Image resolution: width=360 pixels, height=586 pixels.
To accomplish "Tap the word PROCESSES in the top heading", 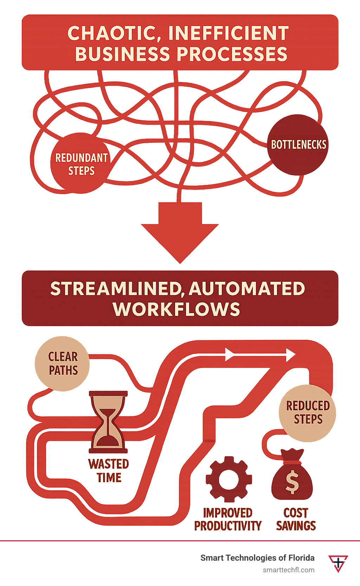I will (x=232, y=54).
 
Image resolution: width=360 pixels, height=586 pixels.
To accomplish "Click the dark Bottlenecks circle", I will (x=298, y=145).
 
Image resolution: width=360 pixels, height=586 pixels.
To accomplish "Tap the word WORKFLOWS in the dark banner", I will (x=176, y=309).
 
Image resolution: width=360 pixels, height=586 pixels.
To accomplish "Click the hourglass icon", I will (x=108, y=422).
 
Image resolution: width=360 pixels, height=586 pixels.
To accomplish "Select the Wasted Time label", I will (x=109, y=471).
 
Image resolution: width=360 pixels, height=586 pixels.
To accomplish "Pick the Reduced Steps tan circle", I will (x=308, y=413).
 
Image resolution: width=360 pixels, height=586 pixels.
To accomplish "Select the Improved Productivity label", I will (x=228, y=519).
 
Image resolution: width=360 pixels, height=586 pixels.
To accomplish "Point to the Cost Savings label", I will (x=296, y=519).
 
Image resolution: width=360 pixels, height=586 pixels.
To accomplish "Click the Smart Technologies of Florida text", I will (x=257, y=558).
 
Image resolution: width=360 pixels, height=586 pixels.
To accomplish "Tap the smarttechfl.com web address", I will (x=289, y=570).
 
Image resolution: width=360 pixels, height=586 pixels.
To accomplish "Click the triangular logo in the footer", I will (x=338, y=563).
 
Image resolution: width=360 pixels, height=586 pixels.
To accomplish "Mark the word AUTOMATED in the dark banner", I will (x=247, y=289).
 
